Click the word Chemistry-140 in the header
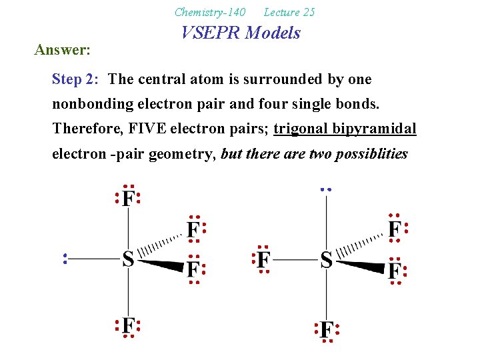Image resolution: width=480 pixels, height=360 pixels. pyautogui.click(x=209, y=12)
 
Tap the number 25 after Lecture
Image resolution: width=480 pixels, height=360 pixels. pyautogui.click(x=308, y=12)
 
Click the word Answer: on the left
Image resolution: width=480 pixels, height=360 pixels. pyautogui.click(x=63, y=49)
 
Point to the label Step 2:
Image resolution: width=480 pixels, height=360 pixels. pyautogui.click(x=75, y=79)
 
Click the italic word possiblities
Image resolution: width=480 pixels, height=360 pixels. pyautogui.click(x=373, y=153)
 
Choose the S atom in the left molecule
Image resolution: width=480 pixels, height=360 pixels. pyautogui.click(x=128, y=259)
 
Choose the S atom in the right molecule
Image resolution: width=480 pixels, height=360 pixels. pyautogui.click(x=326, y=259)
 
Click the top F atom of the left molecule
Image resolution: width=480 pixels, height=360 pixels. pyautogui.click(x=128, y=198)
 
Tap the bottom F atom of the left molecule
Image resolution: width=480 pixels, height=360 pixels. pyautogui.click(x=128, y=326)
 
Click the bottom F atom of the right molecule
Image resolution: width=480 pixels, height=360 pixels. pyautogui.click(x=326, y=330)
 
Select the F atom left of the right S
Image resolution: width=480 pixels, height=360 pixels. pyautogui.click(x=263, y=259)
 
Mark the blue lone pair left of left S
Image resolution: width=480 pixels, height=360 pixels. pyautogui.click(x=65, y=259)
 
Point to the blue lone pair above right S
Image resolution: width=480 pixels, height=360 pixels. pyautogui.click(x=325, y=189)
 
